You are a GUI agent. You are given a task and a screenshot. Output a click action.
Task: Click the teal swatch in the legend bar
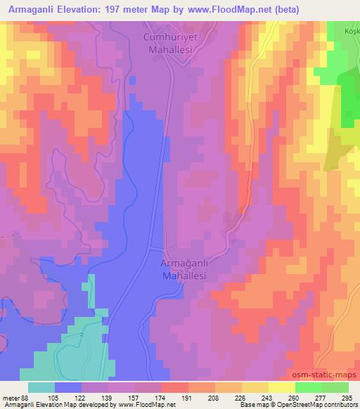click(41, 387)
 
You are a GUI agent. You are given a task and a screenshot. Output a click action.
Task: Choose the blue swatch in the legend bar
click(68, 387)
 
